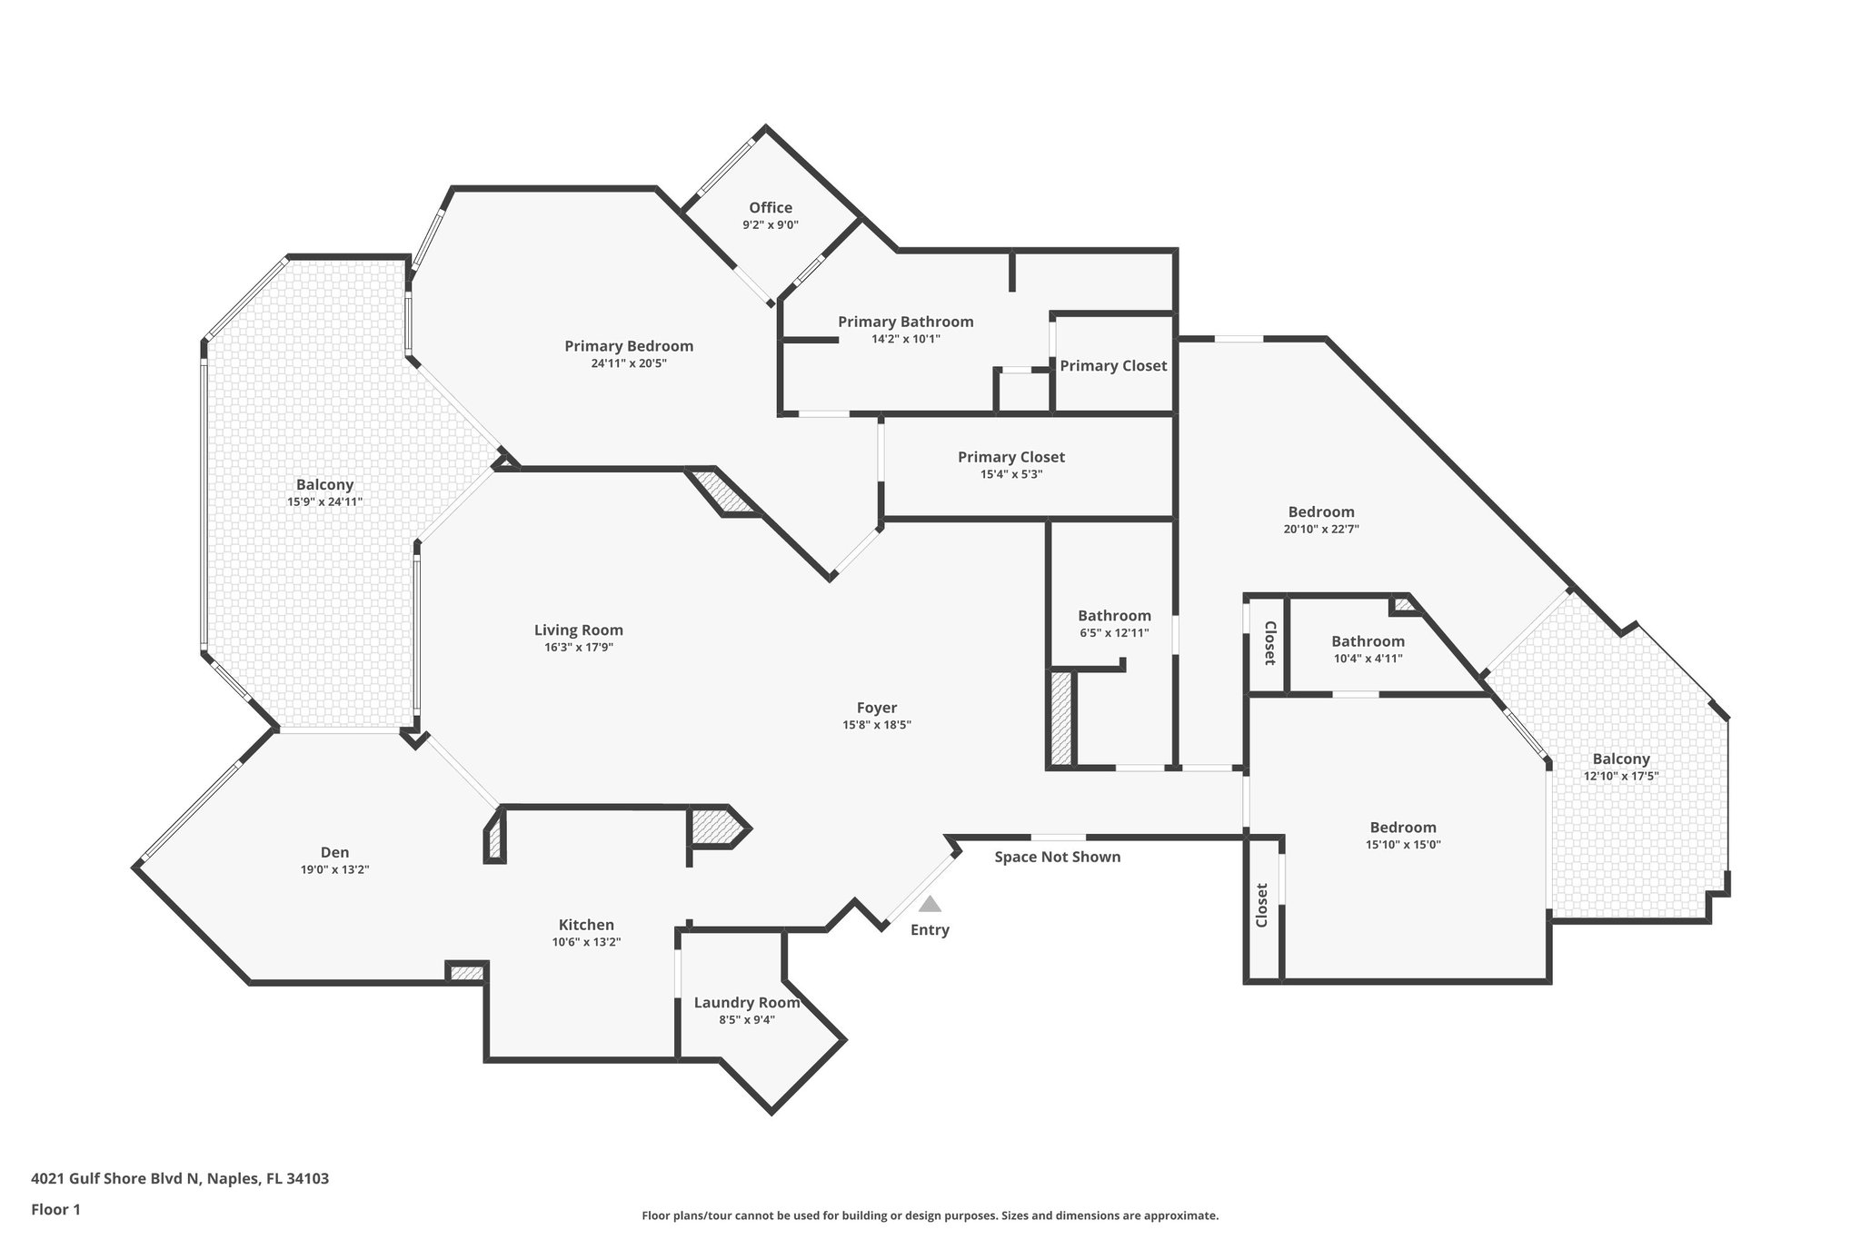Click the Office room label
770,208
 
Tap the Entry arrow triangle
929,904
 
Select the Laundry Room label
746,1003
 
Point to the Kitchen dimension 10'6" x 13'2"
586,942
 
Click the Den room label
334,852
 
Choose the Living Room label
578,630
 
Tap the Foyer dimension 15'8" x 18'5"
876,725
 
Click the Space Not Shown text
1057,857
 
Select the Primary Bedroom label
628,346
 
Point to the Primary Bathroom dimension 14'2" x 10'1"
905,339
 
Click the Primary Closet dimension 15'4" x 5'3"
1010,474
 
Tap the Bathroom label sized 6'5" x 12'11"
1114,616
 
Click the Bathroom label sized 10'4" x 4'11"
1368,641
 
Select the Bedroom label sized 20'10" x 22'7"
1320,512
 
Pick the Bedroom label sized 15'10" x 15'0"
1403,828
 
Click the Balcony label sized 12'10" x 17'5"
1620,759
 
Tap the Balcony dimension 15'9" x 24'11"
324,501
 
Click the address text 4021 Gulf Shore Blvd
180,1179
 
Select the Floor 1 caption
56,1209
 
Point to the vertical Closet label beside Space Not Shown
1261,906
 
